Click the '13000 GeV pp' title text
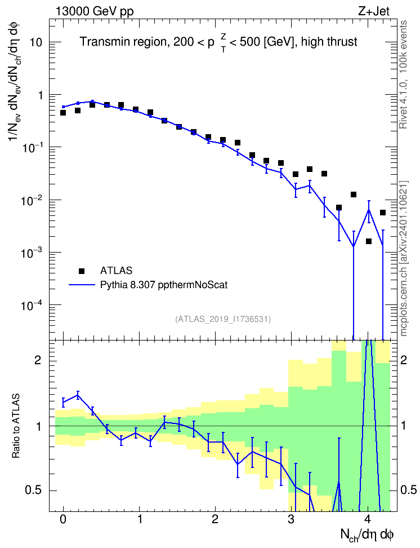pyautogui.click(x=94, y=11)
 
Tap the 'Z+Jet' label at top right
pyautogui.click(x=374, y=11)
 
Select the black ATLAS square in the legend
pyautogui.click(x=81, y=271)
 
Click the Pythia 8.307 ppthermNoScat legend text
pyautogui.click(x=164, y=285)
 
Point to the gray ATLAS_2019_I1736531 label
pyautogui.click(x=223, y=319)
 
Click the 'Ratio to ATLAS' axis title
pyautogui.click(x=16, y=426)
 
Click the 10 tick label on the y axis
pyautogui.click(x=35, y=42)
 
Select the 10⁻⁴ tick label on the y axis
pyautogui.click(x=32, y=306)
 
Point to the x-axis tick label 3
pyautogui.click(x=291, y=519)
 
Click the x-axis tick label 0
pyautogui.click(x=63, y=519)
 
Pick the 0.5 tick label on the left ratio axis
pyautogui.click(x=34, y=490)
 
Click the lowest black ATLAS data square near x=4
pyautogui.click(x=369, y=241)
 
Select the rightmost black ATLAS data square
pyautogui.click(x=383, y=213)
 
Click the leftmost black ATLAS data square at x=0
pyautogui.click(x=63, y=113)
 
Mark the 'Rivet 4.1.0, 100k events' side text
pyautogui.click(x=403, y=74)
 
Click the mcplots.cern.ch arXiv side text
pyautogui.click(x=404, y=259)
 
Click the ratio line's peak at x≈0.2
pyautogui.click(x=78, y=395)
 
